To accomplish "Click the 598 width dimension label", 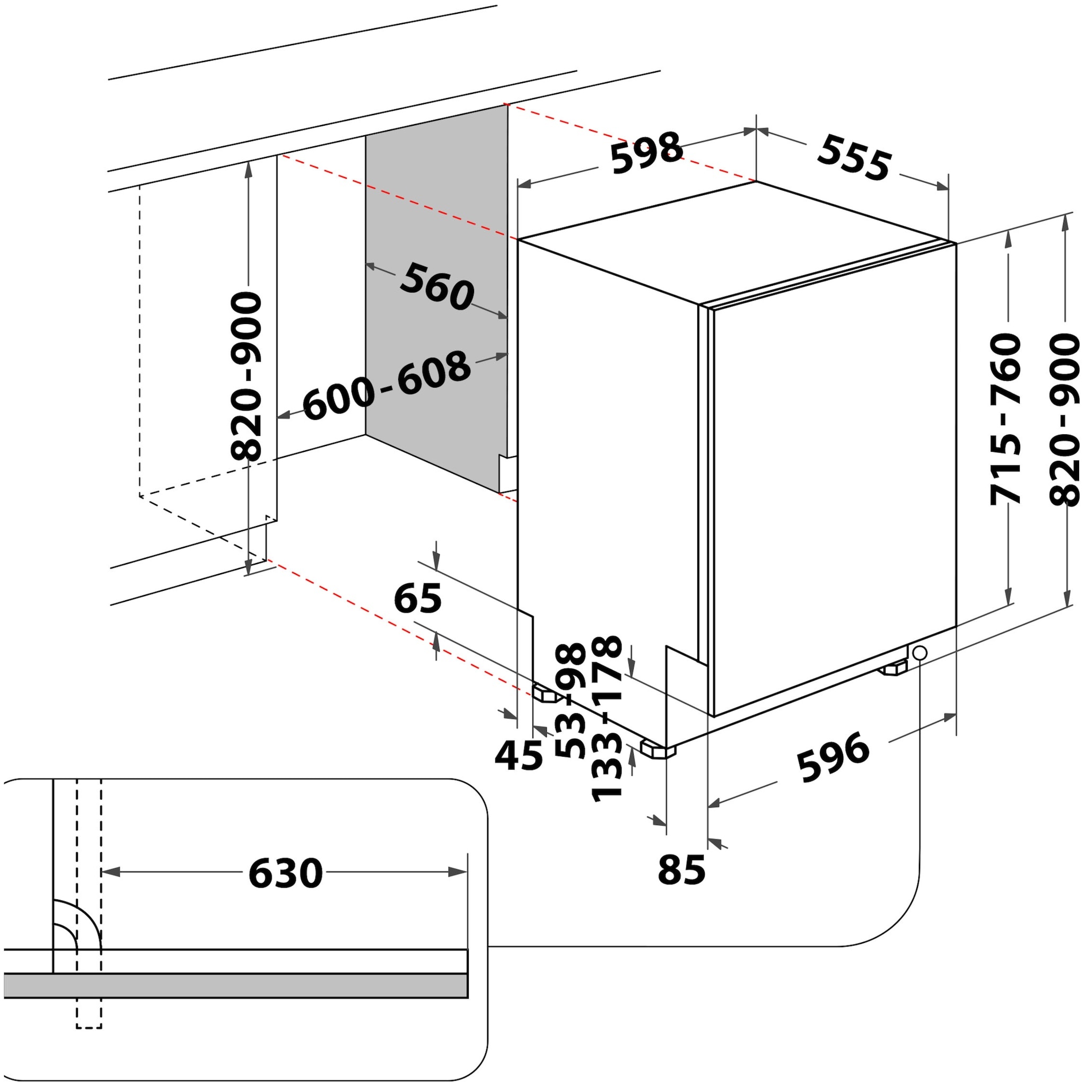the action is coord(647,152).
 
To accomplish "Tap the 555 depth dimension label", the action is coord(854,158).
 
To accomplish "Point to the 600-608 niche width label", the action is coord(387,385).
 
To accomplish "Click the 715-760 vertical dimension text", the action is coord(1004,419).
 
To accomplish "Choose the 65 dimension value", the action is coord(418,599).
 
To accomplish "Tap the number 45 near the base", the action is coord(519,756).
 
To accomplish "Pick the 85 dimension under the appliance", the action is coord(681,870).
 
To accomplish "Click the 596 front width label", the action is coord(834,757).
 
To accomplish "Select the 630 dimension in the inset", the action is coord(286,873).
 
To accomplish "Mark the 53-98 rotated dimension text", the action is coord(571,700).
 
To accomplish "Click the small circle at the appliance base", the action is coord(919,653).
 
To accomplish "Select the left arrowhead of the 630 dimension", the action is coord(110,872).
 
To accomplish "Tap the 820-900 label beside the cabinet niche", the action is coord(246,376).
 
